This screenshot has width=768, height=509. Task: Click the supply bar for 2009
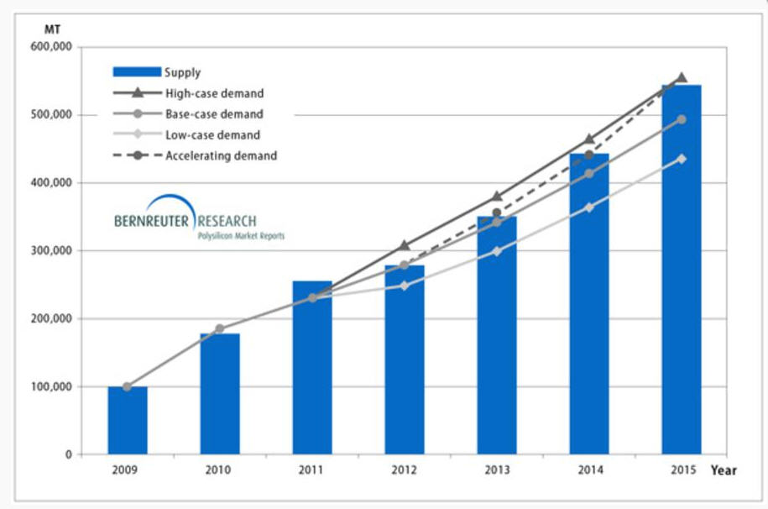[x=128, y=421]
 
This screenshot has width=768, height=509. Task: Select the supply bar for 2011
[x=312, y=370]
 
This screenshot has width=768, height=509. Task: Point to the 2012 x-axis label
[x=404, y=470]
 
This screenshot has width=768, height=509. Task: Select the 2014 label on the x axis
[x=589, y=470]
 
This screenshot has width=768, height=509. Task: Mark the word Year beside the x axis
[x=724, y=470]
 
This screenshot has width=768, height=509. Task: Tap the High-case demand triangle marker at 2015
[x=682, y=77]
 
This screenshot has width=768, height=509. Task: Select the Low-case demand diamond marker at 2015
[x=682, y=159]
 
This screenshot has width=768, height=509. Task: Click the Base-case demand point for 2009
[x=127, y=387]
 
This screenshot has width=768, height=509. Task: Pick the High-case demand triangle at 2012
[x=405, y=245]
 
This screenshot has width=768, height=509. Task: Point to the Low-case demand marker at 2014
[x=589, y=207]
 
